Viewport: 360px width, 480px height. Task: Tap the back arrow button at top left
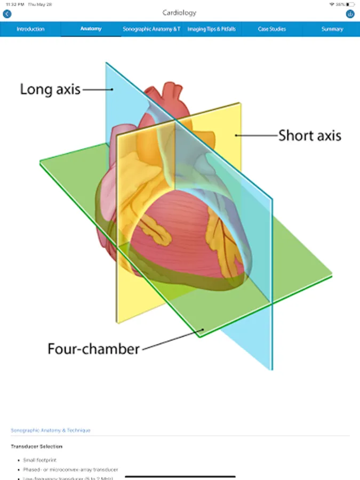[x=7, y=14]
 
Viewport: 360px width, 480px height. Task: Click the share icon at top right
[x=350, y=14]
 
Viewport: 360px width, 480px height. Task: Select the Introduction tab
[x=30, y=29]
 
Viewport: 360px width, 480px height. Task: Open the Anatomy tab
[x=91, y=29]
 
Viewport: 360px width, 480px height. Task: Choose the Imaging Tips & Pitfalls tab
[x=211, y=29]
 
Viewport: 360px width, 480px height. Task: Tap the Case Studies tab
[x=271, y=29]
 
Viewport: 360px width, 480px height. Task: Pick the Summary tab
[x=332, y=29]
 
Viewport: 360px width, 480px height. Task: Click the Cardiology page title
[x=179, y=13]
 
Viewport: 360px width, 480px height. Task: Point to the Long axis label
[x=50, y=89]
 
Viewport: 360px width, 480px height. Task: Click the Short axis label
[x=309, y=135]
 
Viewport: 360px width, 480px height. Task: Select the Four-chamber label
[x=93, y=349]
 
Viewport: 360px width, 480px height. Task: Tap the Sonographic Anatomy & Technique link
[x=50, y=430]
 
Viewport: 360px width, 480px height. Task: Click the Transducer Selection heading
[x=36, y=446]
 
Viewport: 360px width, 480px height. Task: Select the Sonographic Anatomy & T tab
[x=151, y=29]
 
